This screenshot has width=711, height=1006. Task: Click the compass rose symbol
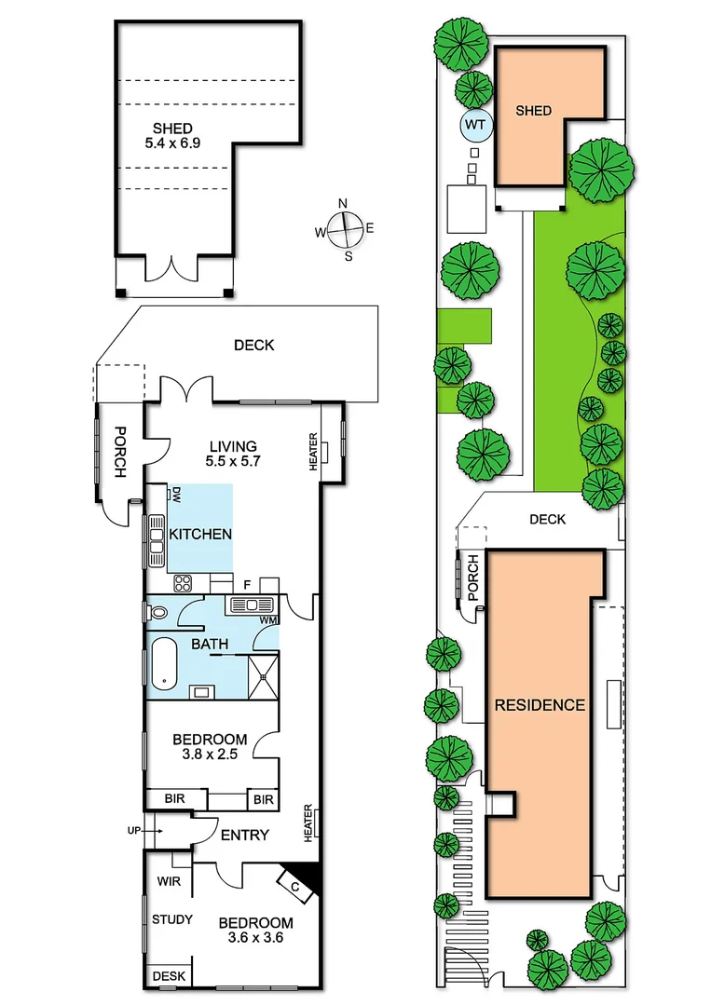point(346,228)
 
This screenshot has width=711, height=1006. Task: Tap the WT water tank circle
point(475,124)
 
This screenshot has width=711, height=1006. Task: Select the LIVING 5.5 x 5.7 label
point(232,454)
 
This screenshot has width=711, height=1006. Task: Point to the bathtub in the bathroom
point(165,663)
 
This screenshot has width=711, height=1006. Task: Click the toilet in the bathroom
point(158,613)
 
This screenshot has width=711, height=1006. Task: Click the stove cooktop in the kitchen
point(182,584)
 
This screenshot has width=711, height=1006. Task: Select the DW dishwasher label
point(173,496)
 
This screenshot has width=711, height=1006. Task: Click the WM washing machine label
point(268,620)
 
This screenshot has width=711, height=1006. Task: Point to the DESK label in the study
point(169,976)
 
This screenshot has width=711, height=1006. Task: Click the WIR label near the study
point(169,880)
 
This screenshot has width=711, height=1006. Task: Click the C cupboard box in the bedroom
point(294,887)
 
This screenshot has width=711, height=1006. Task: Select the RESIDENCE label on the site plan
point(540,705)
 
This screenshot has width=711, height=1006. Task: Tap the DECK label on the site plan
point(547,519)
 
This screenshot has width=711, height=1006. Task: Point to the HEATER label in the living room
point(312,452)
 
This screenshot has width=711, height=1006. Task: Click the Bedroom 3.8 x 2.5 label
point(210,747)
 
